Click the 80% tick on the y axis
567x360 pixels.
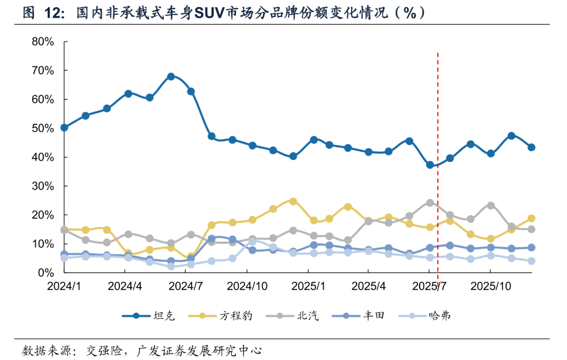[x=43, y=42]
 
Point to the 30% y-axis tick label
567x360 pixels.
[x=43, y=186]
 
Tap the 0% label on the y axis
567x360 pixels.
[x=45, y=272]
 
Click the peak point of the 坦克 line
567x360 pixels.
[x=171, y=77]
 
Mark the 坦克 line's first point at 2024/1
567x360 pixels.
[x=64, y=128]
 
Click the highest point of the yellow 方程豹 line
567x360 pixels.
[x=293, y=201]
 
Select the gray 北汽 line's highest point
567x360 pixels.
[x=430, y=203]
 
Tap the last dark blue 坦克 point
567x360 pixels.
[x=531, y=147]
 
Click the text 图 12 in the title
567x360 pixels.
[x=39, y=12]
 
